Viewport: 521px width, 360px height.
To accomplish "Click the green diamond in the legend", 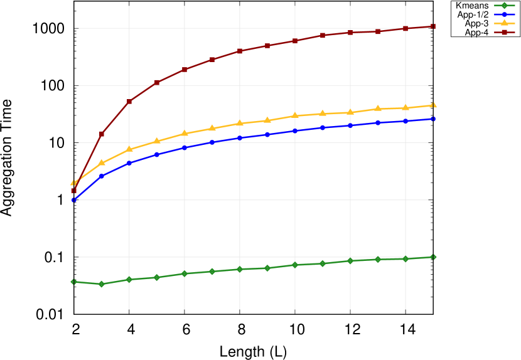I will click(504, 5).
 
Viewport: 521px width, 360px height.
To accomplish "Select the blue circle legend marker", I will click(504, 14).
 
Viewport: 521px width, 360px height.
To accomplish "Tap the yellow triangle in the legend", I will click(504, 23).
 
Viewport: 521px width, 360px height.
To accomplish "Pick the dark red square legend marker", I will click(504, 32).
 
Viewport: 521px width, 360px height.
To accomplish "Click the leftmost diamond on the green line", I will click(73, 282).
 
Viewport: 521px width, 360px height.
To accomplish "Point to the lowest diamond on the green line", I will click(102, 284).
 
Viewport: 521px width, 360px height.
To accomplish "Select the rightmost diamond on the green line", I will click(433, 257).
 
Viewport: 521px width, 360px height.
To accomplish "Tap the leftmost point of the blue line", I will click(73, 199).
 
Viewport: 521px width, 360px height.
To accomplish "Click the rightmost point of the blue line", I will click(433, 119).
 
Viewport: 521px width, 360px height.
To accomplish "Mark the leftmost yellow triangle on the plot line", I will click(73, 183).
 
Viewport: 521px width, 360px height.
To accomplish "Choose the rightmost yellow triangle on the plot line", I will click(433, 105).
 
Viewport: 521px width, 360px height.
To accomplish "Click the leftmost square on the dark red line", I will click(73, 191).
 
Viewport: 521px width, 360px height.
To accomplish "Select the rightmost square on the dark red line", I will click(433, 26).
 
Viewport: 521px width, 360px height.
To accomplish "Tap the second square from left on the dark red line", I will click(102, 134).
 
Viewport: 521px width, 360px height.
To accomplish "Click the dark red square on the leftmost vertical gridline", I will click(129, 101).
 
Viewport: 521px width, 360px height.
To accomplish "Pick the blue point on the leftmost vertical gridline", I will click(129, 163).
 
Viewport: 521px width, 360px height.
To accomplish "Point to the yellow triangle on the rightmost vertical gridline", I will click(406, 107).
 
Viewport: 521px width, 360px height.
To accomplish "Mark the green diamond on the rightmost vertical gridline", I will click(406, 258).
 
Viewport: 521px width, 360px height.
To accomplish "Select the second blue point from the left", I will click(102, 176).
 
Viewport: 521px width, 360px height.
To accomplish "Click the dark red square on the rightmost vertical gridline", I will click(406, 28).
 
